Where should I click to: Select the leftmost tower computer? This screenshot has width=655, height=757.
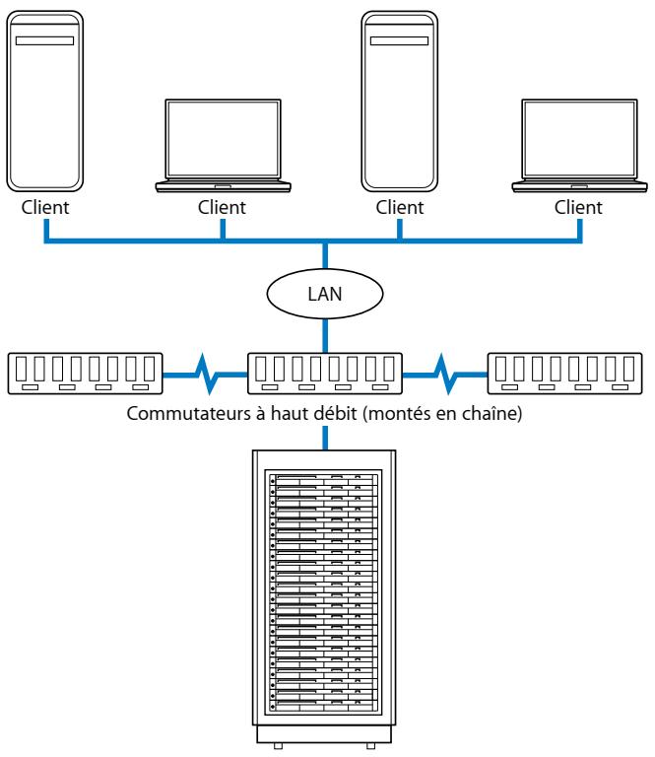44,99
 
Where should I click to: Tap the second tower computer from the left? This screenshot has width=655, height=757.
399,99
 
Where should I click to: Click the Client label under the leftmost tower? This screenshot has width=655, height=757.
45,208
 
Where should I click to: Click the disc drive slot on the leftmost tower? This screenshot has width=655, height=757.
44,41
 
